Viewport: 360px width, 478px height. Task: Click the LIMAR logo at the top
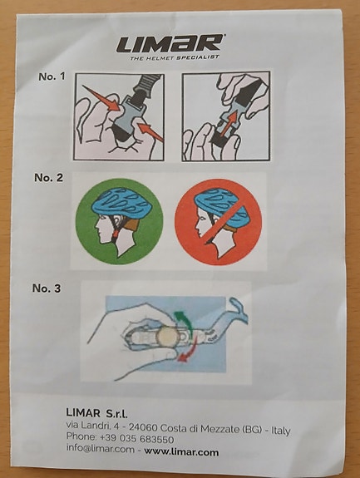(x=170, y=43)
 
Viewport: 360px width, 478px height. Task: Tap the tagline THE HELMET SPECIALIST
(x=175, y=57)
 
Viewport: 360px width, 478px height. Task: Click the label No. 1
(x=52, y=76)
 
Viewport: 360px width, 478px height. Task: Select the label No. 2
(x=49, y=177)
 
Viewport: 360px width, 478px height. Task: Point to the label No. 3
(x=47, y=288)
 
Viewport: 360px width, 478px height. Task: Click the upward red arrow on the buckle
(x=229, y=123)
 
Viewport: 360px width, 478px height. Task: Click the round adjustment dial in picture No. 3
(x=167, y=336)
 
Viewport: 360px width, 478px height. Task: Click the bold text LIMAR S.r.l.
(x=96, y=413)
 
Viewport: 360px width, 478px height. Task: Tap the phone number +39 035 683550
(x=136, y=439)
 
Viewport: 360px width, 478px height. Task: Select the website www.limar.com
(x=181, y=451)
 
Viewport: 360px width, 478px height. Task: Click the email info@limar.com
(x=101, y=449)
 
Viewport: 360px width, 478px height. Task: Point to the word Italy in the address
(x=280, y=431)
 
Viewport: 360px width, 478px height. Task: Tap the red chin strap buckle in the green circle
(x=115, y=234)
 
